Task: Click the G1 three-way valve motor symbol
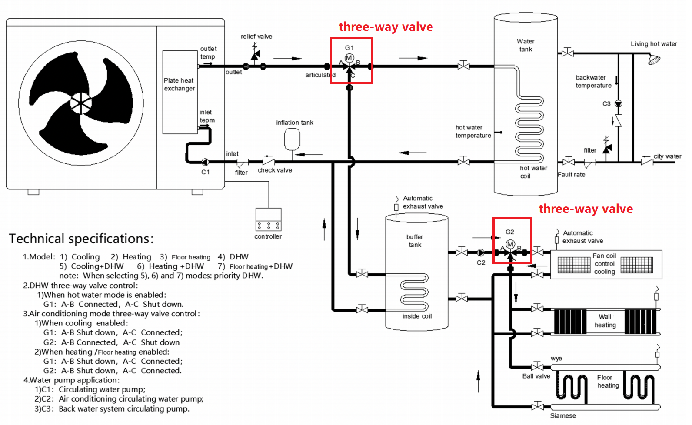point(349,58)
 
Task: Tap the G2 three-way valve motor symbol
point(510,244)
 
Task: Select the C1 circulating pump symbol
point(205,162)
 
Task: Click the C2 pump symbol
point(481,252)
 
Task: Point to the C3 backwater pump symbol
point(618,104)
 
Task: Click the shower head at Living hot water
point(654,59)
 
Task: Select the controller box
point(268,219)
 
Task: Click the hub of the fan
point(81,103)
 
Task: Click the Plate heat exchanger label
point(179,84)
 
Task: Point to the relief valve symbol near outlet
point(255,54)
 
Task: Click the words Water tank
point(526,45)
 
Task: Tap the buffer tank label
point(415,241)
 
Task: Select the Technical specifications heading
point(81,239)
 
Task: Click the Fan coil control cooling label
point(605,264)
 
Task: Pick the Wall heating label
point(605,321)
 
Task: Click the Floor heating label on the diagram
point(608,381)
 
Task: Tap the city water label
point(667,156)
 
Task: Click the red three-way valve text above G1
point(386,27)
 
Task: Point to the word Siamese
point(563,416)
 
